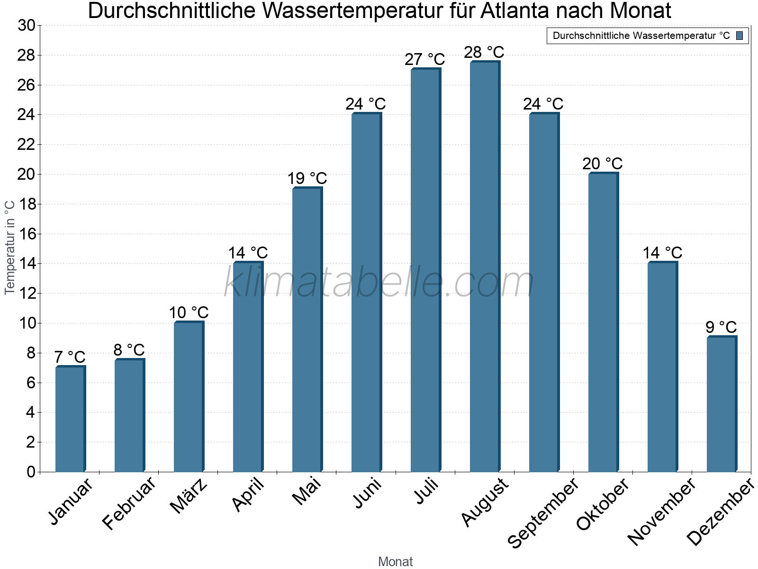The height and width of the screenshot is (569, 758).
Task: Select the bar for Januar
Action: point(70,419)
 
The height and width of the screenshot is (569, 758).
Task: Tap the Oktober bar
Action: point(603,322)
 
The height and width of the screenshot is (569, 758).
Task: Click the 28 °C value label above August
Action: point(484,52)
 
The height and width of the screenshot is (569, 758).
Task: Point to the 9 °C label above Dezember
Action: point(721,327)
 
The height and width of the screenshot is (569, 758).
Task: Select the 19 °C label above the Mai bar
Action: point(307,179)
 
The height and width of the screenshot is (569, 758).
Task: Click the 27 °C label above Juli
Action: point(424,60)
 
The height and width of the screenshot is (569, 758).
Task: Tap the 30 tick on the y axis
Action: point(26,26)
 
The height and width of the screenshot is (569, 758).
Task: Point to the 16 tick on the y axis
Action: point(26,234)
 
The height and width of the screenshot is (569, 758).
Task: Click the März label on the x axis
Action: point(189,496)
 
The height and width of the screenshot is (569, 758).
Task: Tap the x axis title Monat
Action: point(395,562)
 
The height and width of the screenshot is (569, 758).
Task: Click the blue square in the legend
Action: point(740,36)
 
